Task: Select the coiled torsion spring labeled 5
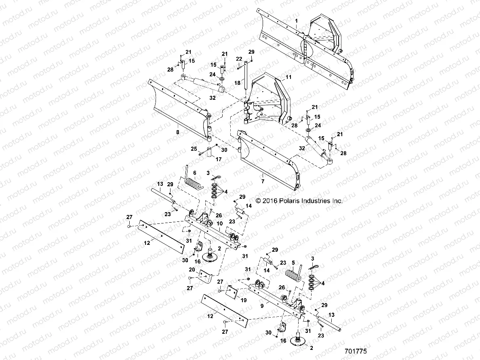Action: (x=294, y=278)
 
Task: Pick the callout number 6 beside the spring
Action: (x=194, y=172)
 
